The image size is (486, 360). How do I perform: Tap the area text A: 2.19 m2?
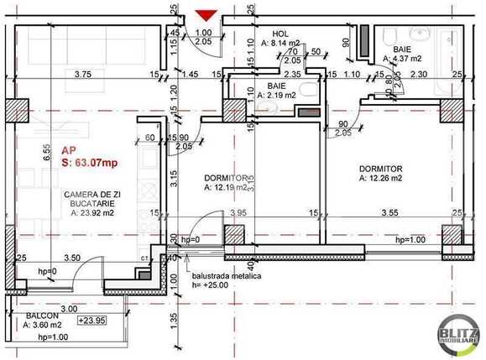pyautogui.click(x=277, y=96)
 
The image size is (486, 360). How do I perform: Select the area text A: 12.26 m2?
pyautogui.click(x=387, y=178)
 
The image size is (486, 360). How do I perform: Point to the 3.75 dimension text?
pyautogui.click(x=81, y=75)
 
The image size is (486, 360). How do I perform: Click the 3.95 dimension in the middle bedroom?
pyautogui.click(x=238, y=214)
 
